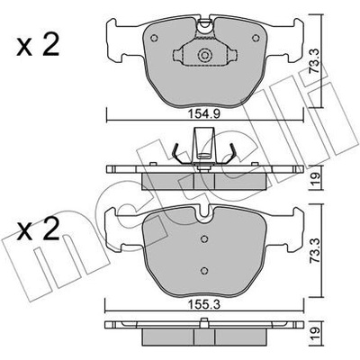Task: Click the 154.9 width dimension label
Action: click(204, 114)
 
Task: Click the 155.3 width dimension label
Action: click(204, 305)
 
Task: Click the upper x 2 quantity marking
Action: click(38, 46)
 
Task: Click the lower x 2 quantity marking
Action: click(38, 230)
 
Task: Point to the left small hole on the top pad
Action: click(154, 38)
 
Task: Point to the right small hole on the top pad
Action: click(256, 38)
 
